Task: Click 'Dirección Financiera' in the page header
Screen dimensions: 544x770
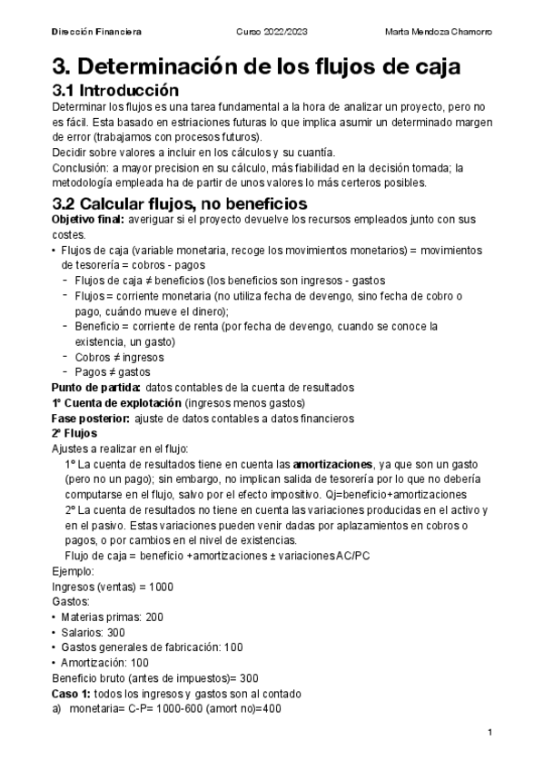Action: tap(96, 32)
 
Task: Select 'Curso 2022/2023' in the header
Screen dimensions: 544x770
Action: tap(272, 32)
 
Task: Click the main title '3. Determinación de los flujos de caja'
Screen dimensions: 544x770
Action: tap(256, 66)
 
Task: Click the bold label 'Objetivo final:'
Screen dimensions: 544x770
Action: tap(89, 221)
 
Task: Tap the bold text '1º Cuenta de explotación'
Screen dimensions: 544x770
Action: tap(116, 402)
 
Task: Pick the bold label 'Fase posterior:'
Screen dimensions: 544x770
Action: tap(90, 418)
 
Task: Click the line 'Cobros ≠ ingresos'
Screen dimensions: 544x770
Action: tap(112, 357)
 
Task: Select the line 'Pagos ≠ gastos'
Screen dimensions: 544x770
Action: tap(105, 372)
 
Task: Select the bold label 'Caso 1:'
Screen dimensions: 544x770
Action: tap(73, 694)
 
